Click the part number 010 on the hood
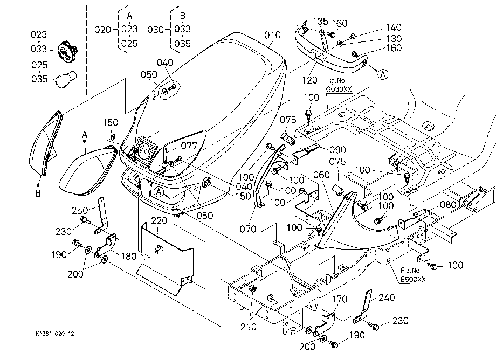point(272,35)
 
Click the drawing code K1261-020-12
point(55,334)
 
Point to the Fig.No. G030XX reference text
point(339,85)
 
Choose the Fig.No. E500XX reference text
point(413,275)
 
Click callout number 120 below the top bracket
point(309,80)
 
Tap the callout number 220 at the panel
point(159,220)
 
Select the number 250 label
point(80,211)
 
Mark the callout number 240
point(387,297)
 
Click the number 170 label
point(340,299)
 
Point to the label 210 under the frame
point(249,327)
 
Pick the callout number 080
point(448,204)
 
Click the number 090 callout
point(337,149)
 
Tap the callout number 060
point(321,175)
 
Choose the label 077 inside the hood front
point(189,146)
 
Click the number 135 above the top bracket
point(320,22)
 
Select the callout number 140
point(394,27)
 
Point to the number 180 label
point(129,256)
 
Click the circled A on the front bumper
point(159,192)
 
